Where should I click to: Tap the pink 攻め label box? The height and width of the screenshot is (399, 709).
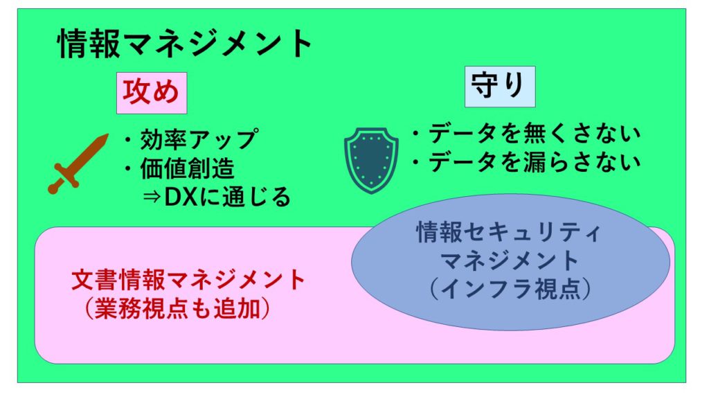(152, 93)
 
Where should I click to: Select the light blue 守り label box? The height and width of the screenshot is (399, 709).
(500, 87)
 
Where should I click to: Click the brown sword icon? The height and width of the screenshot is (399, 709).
(78, 163)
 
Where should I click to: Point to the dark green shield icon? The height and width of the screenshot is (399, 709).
(371, 161)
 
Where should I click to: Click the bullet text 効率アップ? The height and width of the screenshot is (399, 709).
(199, 139)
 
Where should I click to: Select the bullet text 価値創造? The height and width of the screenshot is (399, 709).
(187, 168)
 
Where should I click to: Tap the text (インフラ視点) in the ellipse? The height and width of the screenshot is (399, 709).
(510, 289)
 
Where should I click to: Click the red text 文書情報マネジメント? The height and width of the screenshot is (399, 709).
(188, 280)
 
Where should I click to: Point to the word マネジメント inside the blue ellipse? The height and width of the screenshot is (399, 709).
(510, 260)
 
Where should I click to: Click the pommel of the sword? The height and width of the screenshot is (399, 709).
(53, 189)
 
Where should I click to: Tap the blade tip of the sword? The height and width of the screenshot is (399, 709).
(107, 135)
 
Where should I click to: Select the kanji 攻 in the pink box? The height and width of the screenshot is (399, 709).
(136, 92)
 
